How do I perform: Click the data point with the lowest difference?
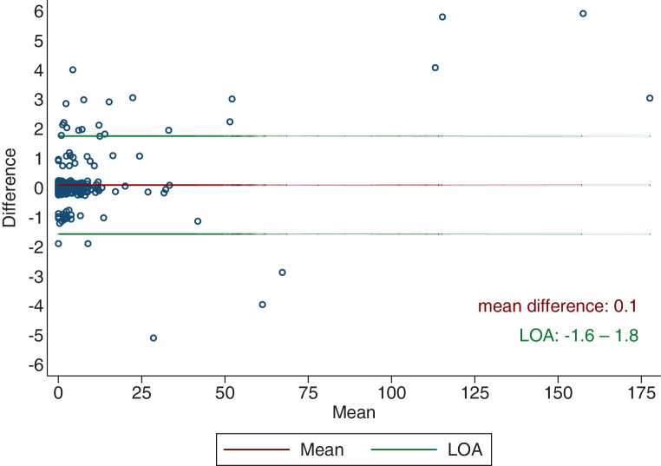154,338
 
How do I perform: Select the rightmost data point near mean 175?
650,98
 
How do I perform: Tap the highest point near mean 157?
583,14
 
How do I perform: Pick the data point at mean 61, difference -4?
262,305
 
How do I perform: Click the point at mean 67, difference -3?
283,272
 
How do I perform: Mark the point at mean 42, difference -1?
198,221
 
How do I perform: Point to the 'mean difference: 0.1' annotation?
557,306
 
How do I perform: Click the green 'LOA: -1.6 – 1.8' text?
579,336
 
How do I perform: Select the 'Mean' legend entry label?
322,450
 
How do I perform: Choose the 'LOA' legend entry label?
465,450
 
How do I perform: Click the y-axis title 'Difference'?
10,187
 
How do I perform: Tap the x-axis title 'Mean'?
354,412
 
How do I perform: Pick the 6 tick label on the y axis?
39,11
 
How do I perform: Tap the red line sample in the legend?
256,450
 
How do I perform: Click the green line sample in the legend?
404,450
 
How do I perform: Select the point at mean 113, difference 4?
435,68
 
